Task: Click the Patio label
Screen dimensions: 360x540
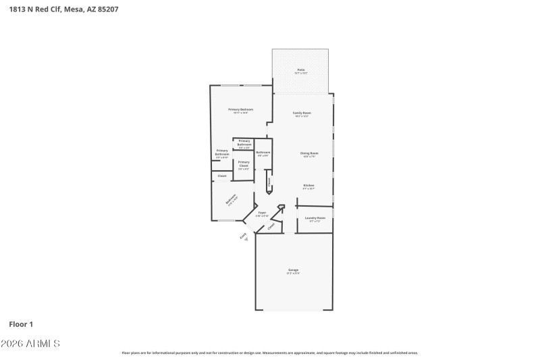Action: click(x=301, y=70)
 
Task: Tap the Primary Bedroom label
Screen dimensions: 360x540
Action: click(x=240, y=109)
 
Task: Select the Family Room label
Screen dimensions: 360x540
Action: click(x=302, y=112)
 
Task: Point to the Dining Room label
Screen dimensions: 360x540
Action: click(x=309, y=153)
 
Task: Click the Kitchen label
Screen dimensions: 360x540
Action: click(x=308, y=185)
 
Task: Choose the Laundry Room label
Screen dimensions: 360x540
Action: click(x=315, y=217)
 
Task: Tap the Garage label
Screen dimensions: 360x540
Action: click(x=293, y=269)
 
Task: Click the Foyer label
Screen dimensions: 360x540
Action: click(x=262, y=212)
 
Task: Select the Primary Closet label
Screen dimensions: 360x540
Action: click(x=244, y=162)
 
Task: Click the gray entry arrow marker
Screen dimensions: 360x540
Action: click(x=246, y=239)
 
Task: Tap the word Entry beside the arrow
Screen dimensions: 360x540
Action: click(x=241, y=234)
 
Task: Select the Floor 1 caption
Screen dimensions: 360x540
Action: click(x=22, y=324)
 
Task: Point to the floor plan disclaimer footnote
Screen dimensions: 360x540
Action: click(x=269, y=353)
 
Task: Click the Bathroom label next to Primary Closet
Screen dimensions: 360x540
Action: click(x=263, y=153)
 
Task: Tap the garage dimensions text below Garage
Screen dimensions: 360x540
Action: click(x=293, y=274)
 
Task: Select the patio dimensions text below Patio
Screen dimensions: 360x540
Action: click(x=301, y=73)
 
